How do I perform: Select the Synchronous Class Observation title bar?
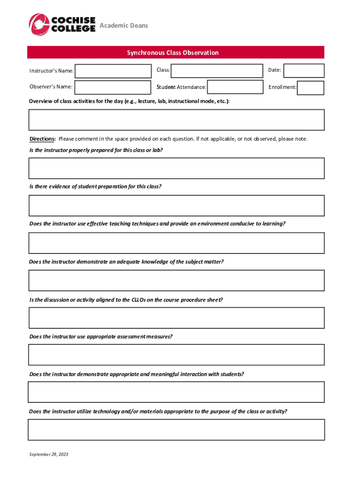[x=175, y=52]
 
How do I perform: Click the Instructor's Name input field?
[x=113, y=71]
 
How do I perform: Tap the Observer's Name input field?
[x=113, y=87]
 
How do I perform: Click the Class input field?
[x=217, y=71]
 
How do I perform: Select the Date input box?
[x=303, y=71]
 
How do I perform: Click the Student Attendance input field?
[x=235, y=87]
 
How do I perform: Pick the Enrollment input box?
[x=310, y=87]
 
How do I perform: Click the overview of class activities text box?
[x=176, y=120]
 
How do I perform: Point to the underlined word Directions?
[x=43, y=139]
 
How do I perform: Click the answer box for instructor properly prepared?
[x=176, y=168]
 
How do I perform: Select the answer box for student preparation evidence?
[x=176, y=205]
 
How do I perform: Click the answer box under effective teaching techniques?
[x=176, y=243]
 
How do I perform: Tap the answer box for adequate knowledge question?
[x=176, y=280]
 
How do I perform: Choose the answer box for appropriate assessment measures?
[x=176, y=355]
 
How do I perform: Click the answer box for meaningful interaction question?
[x=176, y=392]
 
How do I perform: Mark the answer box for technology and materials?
[x=176, y=429]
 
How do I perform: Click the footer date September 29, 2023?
[x=49, y=454]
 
